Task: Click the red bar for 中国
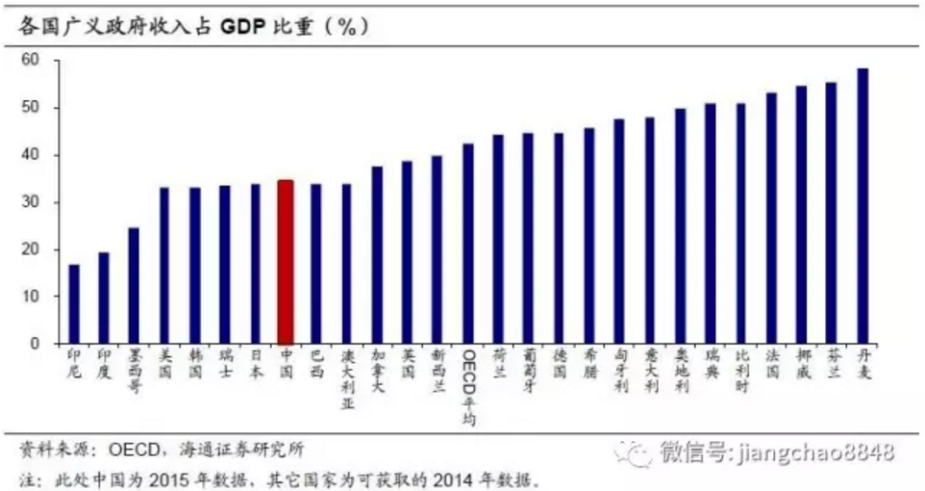point(286,261)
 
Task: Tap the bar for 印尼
point(74,304)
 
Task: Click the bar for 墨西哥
point(134,285)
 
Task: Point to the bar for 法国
point(771,218)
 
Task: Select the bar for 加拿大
point(377,255)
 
